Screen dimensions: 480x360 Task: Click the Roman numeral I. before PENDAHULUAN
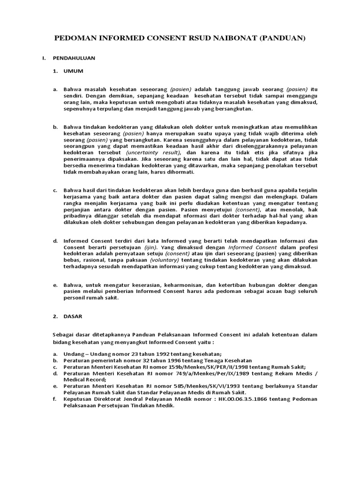pos(44,58)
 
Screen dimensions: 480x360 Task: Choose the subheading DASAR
pos(73,316)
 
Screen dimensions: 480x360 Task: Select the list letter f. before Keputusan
pos(55,399)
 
